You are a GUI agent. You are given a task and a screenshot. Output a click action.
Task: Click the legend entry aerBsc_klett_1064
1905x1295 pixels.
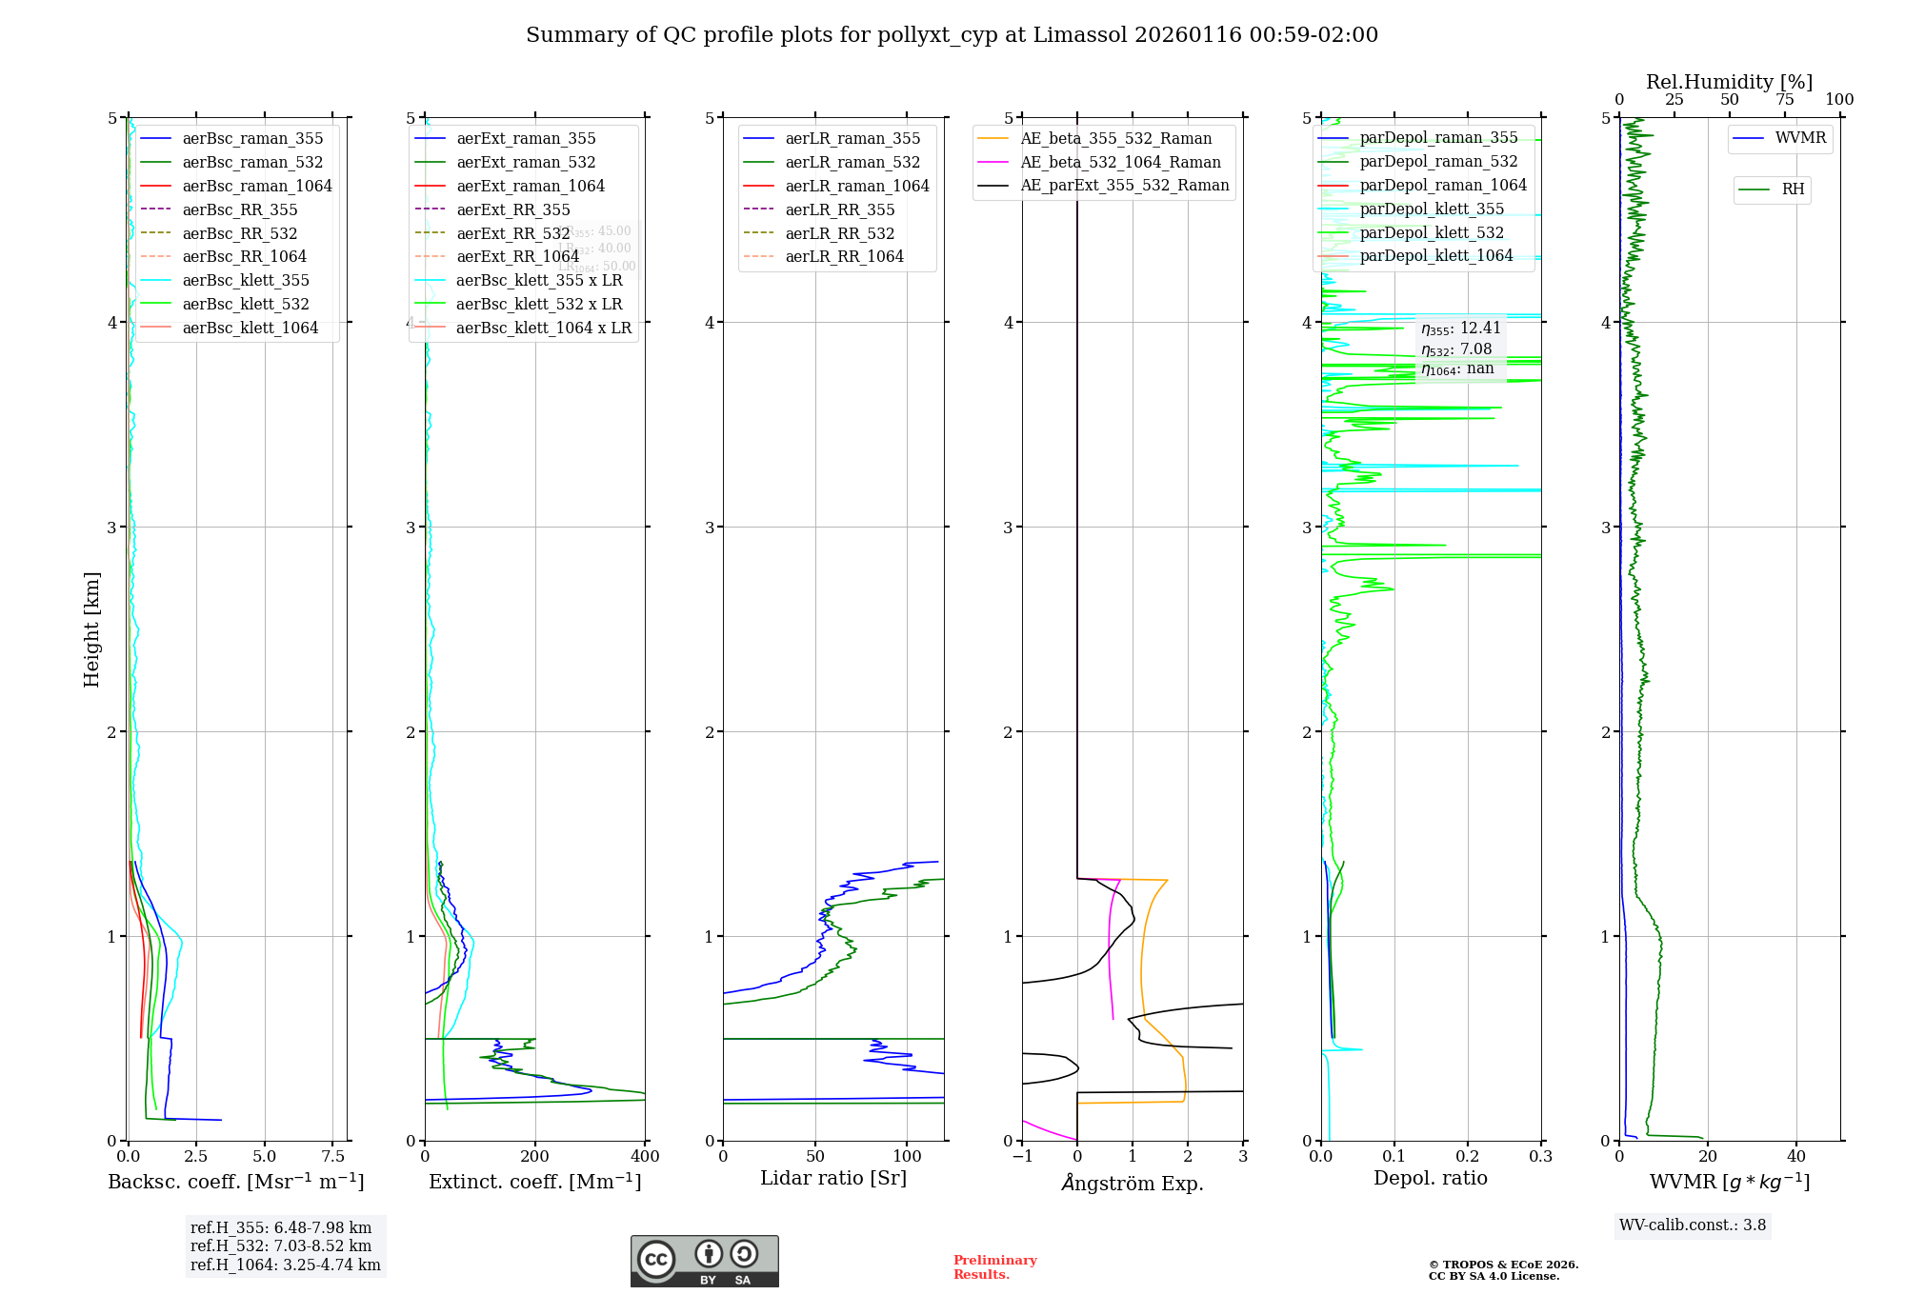click(250, 328)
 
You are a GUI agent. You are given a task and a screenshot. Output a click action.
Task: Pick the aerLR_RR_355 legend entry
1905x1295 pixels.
click(839, 209)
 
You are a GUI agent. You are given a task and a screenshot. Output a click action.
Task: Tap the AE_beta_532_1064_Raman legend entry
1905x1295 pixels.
click(1120, 162)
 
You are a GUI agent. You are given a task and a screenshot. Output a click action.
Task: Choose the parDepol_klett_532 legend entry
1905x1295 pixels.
click(1432, 232)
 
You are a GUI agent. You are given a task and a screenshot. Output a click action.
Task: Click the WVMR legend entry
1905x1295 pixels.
click(1800, 138)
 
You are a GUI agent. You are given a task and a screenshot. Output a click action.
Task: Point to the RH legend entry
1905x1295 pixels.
click(1793, 189)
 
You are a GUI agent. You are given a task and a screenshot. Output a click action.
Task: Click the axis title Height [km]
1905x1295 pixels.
click(91, 629)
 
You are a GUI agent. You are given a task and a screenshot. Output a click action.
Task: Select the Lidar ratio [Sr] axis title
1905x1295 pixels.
click(833, 1178)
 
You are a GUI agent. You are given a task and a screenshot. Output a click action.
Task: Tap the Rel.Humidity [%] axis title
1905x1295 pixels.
click(1729, 82)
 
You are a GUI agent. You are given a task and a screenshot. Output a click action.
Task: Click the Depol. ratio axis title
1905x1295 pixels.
click(1430, 1178)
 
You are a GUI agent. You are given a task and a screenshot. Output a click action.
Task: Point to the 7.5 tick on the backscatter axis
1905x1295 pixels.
click(332, 1156)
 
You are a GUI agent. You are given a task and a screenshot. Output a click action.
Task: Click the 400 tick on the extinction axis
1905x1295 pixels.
click(645, 1156)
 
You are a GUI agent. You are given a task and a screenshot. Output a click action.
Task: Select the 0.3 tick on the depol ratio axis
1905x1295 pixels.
click(1540, 1156)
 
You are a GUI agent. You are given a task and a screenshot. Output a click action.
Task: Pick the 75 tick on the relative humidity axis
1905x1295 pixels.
click(1784, 100)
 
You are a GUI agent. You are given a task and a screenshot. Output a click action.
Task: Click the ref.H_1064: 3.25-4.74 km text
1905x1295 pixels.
click(285, 1265)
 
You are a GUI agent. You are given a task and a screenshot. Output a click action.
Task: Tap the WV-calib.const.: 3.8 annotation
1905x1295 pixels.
click(1693, 1225)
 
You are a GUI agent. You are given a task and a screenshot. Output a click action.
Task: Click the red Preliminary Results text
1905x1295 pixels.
click(994, 1266)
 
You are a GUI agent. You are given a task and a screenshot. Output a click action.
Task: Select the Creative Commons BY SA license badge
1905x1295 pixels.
click(704, 1261)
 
